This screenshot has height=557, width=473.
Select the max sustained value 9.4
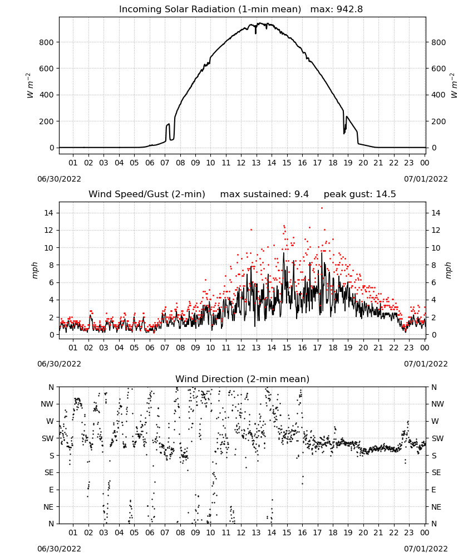pyautogui.click(x=301, y=194)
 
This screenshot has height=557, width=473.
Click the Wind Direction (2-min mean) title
pyautogui.click(x=243, y=379)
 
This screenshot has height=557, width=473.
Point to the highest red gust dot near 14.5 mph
pyautogui.click(x=322, y=208)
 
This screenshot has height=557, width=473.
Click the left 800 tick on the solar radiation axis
pyautogui.click(x=46, y=42)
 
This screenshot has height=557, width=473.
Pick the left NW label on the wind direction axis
pyautogui.click(x=47, y=404)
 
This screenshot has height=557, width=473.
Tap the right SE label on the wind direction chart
pyautogui.click(x=436, y=473)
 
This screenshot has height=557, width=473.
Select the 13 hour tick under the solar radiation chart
pyautogui.click(x=256, y=163)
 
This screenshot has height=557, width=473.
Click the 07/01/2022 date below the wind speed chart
pyautogui.click(x=426, y=364)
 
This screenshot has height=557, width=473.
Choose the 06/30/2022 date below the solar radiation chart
pyautogui.click(x=59, y=179)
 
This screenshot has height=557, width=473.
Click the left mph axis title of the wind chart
pyautogui.click(x=35, y=270)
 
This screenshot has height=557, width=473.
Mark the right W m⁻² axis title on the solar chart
pyautogui.click(x=454, y=86)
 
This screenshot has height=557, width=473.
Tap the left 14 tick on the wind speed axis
pyautogui.click(x=48, y=213)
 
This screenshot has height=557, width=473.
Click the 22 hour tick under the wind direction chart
pyautogui.click(x=393, y=532)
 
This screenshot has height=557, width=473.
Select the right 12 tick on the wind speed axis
pyautogui.click(x=436, y=230)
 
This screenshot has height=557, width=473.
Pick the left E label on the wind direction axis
pyautogui.click(x=51, y=490)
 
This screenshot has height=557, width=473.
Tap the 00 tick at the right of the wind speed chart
pyautogui.click(x=425, y=348)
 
